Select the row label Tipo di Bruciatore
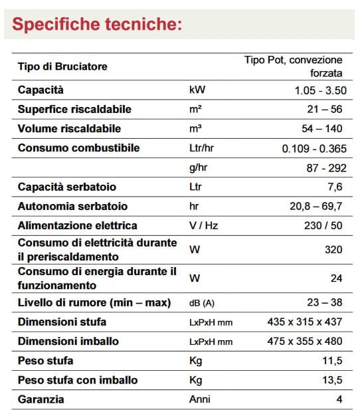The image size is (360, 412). pyautogui.click(x=62, y=66)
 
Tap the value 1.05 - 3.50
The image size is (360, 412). pyautogui.click(x=319, y=90)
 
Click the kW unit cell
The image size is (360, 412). pyautogui.click(x=197, y=90)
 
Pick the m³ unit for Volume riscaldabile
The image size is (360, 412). pyautogui.click(x=195, y=128)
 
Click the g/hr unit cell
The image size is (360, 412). pyautogui.click(x=199, y=167)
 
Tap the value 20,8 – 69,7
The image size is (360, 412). pyautogui.click(x=316, y=206)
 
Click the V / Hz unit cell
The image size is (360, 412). pyautogui.click(x=204, y=225)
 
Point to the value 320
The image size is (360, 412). pyautogui.click(x=334, y=249)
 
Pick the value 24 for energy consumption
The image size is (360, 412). pyautogui.click(x=337, y=278)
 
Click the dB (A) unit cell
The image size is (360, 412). pyautogui.click(x=203, y=303)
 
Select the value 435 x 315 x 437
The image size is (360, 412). pyautogui.click(x=305, y=322)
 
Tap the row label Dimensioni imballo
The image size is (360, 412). pyautogui.click(x=68, y=342)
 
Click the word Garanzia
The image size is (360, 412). pyautogui.click(x=41, y=399)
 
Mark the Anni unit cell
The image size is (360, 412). pyautogui.click(x=199, y=399)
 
